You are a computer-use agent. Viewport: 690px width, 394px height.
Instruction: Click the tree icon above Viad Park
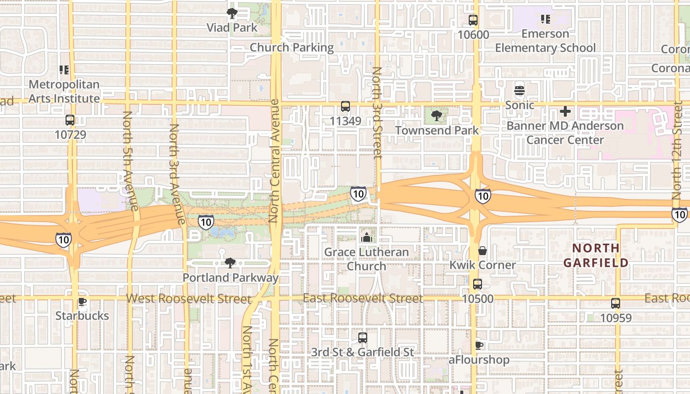click(232, 13)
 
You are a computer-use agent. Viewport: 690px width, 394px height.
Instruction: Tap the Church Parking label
click(292, 48)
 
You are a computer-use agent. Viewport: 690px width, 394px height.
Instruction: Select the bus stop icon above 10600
click(473, 20)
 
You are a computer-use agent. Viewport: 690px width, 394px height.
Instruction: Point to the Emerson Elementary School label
click(545, 41)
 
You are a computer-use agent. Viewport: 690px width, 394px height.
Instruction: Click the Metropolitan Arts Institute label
click(64, 92)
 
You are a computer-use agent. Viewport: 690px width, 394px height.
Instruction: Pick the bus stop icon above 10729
click(70, 120)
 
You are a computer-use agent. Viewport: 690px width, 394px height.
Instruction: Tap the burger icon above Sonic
click(519, 91)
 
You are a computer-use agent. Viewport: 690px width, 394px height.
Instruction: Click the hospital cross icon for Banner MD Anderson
click(565, 111)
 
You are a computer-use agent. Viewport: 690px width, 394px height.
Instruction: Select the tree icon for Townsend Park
click(436, 116)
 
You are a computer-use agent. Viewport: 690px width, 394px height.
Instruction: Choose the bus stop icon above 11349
click(345, 106)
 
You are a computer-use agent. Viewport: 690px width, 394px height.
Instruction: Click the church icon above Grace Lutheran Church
click(366, 238)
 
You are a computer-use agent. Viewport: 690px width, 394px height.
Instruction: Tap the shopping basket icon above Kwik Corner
click(483, 251)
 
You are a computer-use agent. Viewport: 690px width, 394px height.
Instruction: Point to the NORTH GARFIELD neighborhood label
click(596, 255)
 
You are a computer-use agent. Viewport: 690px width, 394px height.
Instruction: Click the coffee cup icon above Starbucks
click(82, 301)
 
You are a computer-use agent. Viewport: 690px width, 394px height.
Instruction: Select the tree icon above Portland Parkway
click(230, 263)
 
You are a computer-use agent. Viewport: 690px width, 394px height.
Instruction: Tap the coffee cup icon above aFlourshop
click(479, 345)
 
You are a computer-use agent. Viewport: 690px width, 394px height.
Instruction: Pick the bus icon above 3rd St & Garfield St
click(363, 338)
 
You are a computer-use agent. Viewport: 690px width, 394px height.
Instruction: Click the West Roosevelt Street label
click(189, 299)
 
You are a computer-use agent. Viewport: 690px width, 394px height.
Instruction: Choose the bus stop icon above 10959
click(616, 303)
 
